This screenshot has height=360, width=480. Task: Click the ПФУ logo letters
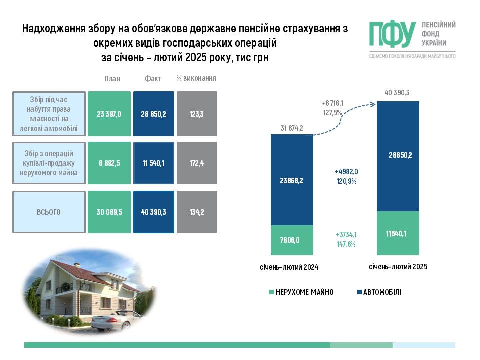392,34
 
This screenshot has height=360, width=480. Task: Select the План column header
112,79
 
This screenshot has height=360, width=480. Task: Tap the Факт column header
153,79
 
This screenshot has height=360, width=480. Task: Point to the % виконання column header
196,78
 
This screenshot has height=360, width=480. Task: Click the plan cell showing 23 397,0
109,114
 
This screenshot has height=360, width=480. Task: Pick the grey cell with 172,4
197,163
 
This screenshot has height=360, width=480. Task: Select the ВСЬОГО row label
49,212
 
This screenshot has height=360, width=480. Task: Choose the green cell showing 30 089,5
109,212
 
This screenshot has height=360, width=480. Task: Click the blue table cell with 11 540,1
154,163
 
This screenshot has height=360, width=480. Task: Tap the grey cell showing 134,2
197,212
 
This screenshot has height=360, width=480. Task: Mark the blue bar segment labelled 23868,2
292,180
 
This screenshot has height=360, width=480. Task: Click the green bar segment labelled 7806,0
292,240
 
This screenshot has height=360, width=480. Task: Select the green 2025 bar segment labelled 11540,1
398,233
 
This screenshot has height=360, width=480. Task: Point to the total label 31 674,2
292,128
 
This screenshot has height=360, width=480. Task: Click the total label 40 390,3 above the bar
397,93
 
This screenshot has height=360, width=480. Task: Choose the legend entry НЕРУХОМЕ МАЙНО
301,292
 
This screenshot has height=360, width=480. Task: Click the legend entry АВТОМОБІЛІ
379,292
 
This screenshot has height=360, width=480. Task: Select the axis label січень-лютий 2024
289,267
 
